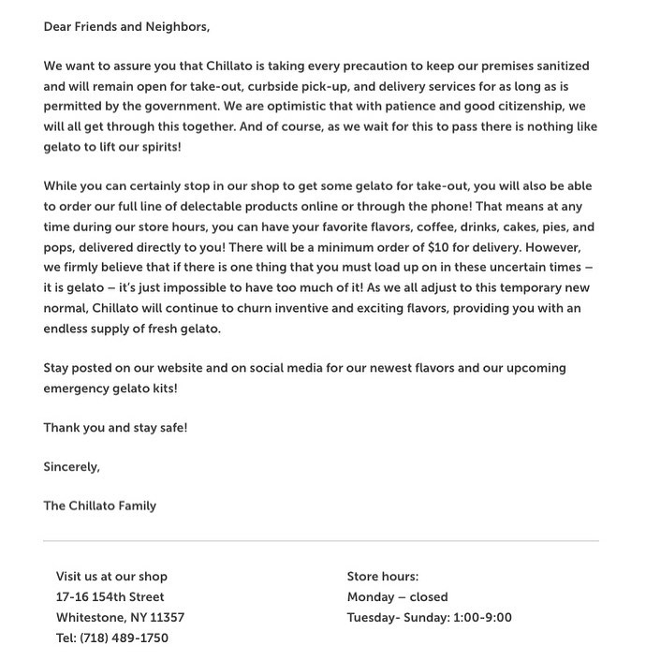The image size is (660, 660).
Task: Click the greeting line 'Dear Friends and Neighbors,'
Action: click(126, 26)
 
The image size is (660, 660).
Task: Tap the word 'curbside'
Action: click(274, 86)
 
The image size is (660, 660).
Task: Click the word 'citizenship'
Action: click(531, 106)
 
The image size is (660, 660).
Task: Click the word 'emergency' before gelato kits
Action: click(76, 388)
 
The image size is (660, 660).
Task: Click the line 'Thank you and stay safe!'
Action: click(115, 427)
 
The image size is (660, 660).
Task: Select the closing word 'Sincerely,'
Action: click(71, 466)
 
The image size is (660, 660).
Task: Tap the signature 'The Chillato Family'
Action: click(99, 506)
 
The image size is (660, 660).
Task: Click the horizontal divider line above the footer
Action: click(320, 541)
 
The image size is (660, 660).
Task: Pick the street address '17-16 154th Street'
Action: click(110, 597)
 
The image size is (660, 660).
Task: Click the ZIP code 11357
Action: click(167, 618)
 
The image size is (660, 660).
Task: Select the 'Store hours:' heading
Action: click(382, 577)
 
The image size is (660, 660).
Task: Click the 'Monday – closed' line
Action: click(397, 597)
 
